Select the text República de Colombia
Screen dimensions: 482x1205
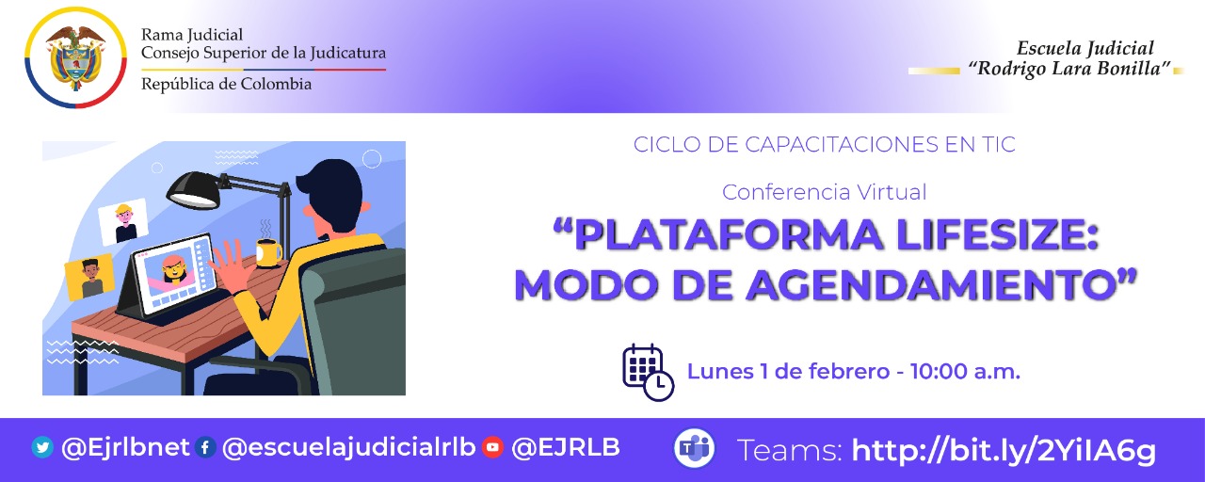[x=226, y=84]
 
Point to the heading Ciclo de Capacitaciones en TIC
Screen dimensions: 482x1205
[x=824, y=145]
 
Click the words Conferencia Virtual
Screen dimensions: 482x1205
[x=824, y=192]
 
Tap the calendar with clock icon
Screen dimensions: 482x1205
[x=648, y=372]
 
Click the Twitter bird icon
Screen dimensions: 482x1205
[x=42, y=448]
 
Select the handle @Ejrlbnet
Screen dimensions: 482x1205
[x=125, y=448]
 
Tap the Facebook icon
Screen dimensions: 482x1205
[x=206, y=448]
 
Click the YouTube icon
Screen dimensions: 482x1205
[x=492, y=448]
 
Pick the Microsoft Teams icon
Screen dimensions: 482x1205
[x=694, y=449]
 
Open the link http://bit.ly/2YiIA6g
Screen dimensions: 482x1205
[x=1003, y=450]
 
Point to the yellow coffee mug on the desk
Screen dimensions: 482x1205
[x=267, y=252]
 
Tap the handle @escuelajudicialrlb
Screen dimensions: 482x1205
[x=349, y=448]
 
